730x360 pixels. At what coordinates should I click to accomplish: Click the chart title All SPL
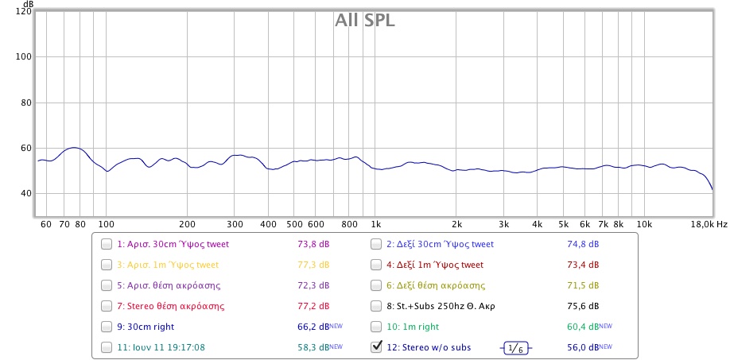pos(365,21)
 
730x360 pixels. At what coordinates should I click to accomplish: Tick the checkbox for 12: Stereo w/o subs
pos(377,347)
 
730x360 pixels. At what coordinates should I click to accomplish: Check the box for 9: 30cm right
pos(107,327)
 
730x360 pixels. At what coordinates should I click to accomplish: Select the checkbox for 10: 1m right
pos(377,327)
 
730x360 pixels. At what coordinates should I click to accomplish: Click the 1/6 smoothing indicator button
pos(516,348)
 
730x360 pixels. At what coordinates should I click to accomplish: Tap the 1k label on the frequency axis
pos(377,225)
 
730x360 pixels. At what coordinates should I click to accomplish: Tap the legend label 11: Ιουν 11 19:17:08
pos(161,347)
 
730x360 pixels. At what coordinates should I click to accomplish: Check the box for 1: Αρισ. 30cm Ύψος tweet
pos(107,245)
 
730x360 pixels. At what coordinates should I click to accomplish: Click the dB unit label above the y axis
pos(28,4)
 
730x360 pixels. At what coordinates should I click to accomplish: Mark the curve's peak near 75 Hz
pos(74,148)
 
